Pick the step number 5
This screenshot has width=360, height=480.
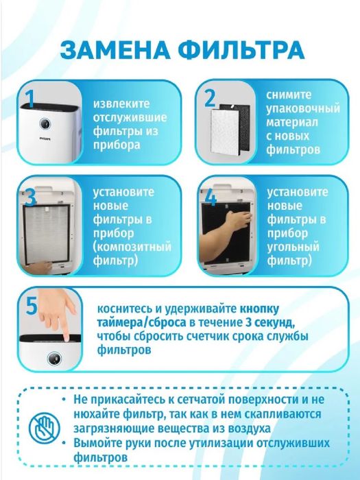click(x=30, y=302)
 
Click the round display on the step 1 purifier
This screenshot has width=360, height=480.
click(x=44, y=124)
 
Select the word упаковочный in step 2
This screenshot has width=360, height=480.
click(x=303, y=109)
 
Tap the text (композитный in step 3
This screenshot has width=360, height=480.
click(x=128, y=247)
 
